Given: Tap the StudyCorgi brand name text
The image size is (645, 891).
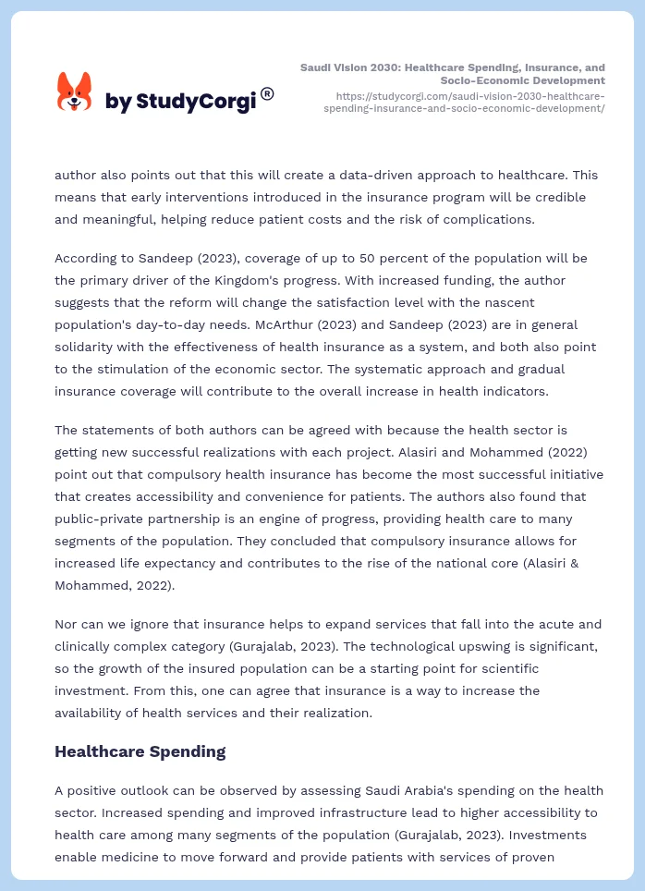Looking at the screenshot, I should (x=180, y=101).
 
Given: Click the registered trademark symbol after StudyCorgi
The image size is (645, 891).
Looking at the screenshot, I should (x=267, y=93).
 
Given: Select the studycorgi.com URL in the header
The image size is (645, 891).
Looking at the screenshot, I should (x=470, y=102).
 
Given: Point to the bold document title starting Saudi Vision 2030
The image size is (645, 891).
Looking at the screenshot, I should (x=453, y=74).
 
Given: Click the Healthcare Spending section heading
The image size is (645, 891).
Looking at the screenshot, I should (x=140, y=751).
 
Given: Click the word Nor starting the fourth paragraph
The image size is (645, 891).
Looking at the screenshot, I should (x=67, y=624).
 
